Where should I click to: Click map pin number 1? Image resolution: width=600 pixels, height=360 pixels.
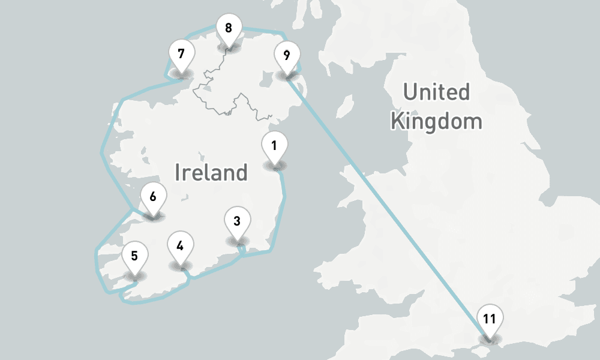click(274, 146)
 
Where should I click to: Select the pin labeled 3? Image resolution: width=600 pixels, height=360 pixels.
click(237, 221)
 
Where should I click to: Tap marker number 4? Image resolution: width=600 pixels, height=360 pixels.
click(180, 245)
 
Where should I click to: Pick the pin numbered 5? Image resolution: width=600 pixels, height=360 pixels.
click(134, 256)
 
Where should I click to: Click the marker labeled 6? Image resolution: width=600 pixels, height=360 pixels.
click(153, 197)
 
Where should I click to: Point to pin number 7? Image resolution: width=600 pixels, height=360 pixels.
click(181, 53)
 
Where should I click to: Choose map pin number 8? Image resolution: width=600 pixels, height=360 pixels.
click(229, 28)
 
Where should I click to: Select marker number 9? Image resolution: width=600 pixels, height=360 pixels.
click(287, 56)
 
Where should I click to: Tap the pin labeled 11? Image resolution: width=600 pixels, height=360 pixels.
click(490, 319)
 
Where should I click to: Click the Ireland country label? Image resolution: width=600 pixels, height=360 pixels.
click(211, 173)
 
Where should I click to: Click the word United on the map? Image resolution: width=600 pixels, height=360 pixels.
click(436, 92)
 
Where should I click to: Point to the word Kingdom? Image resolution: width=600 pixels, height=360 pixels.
click(436, 121)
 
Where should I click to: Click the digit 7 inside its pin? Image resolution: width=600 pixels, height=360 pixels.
click(181, 53)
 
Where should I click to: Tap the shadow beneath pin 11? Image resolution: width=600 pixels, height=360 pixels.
click(489, 340)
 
